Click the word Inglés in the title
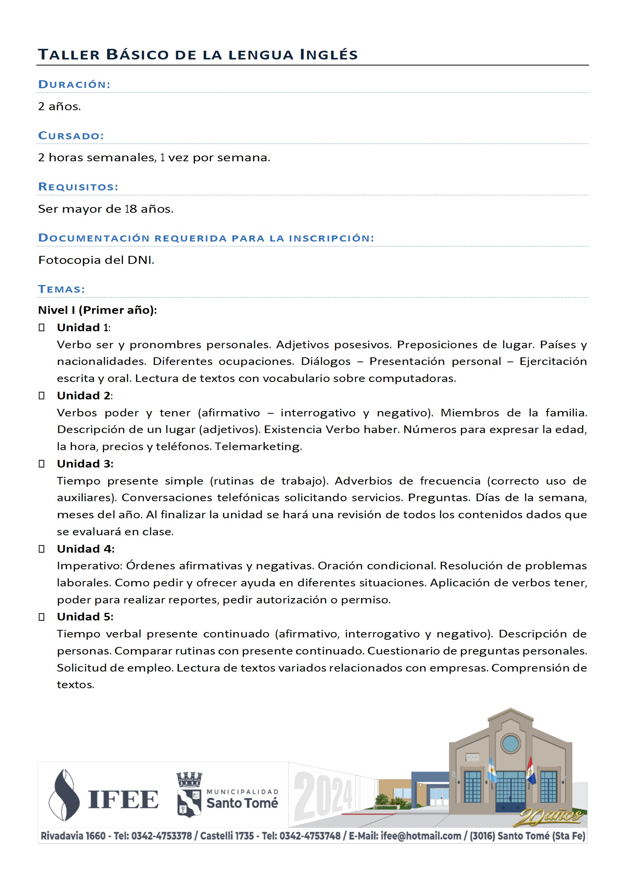point(329,55)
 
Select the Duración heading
point(74,84)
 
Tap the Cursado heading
point(71,136)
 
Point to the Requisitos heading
point(78,187)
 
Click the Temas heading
point(61,289)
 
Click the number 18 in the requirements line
point(130,209)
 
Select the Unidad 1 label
point(83,328)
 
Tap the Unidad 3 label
point(85,464)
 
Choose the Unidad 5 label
point(85,617)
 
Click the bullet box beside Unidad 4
point(42,549)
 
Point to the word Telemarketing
point(258,446)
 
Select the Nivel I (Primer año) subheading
point(98,310)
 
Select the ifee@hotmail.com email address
point(420,836)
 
